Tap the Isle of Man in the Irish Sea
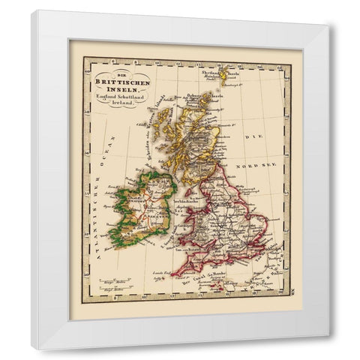pyautogui.click(x=176, y=194)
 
